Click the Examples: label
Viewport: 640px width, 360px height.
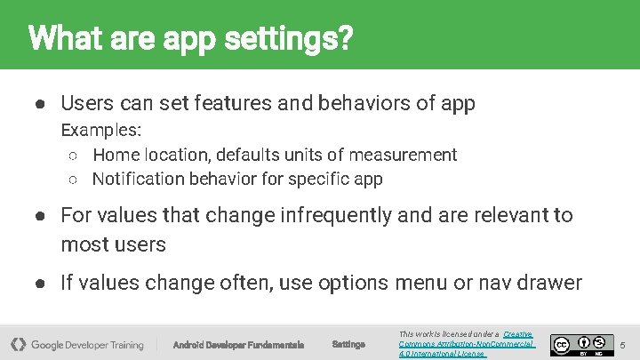point(100,131)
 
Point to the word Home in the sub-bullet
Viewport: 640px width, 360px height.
point(116,155)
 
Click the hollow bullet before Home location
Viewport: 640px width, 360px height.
point(75,156)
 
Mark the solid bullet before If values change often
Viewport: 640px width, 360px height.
point(41,284)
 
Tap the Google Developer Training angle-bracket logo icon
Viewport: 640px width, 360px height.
point(18,344)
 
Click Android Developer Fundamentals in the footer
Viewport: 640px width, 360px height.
point(238,344)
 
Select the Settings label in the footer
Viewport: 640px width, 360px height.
point(348,344)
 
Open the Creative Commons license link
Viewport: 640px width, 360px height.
point(466,343)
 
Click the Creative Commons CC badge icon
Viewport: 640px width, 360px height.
point(561,343)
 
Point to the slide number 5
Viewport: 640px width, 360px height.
point(622,344)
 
